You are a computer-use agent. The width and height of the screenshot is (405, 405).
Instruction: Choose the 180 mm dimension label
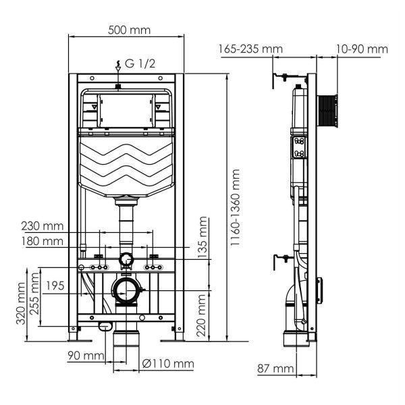43,241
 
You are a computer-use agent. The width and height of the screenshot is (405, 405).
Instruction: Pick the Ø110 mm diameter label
169,364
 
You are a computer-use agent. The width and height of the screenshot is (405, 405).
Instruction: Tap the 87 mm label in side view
275,368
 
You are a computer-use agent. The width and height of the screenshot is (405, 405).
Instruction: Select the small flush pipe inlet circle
126,259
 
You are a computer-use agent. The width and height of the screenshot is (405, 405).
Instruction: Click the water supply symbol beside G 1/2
118,65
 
